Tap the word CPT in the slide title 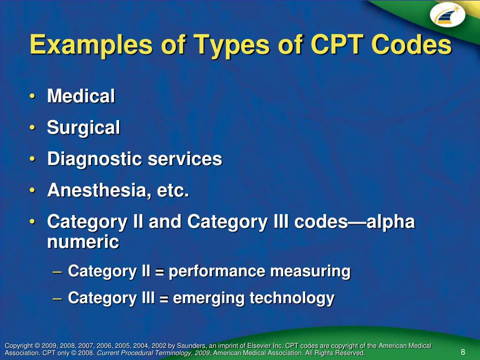(x=335, y=45)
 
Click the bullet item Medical (x=81, y=97)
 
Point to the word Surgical (x=83, y=127)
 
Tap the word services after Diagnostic (x=185, y=159)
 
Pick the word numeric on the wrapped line (x=83, y=242)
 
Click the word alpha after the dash (x=390, y=222)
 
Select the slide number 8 (x=463, y=352)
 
